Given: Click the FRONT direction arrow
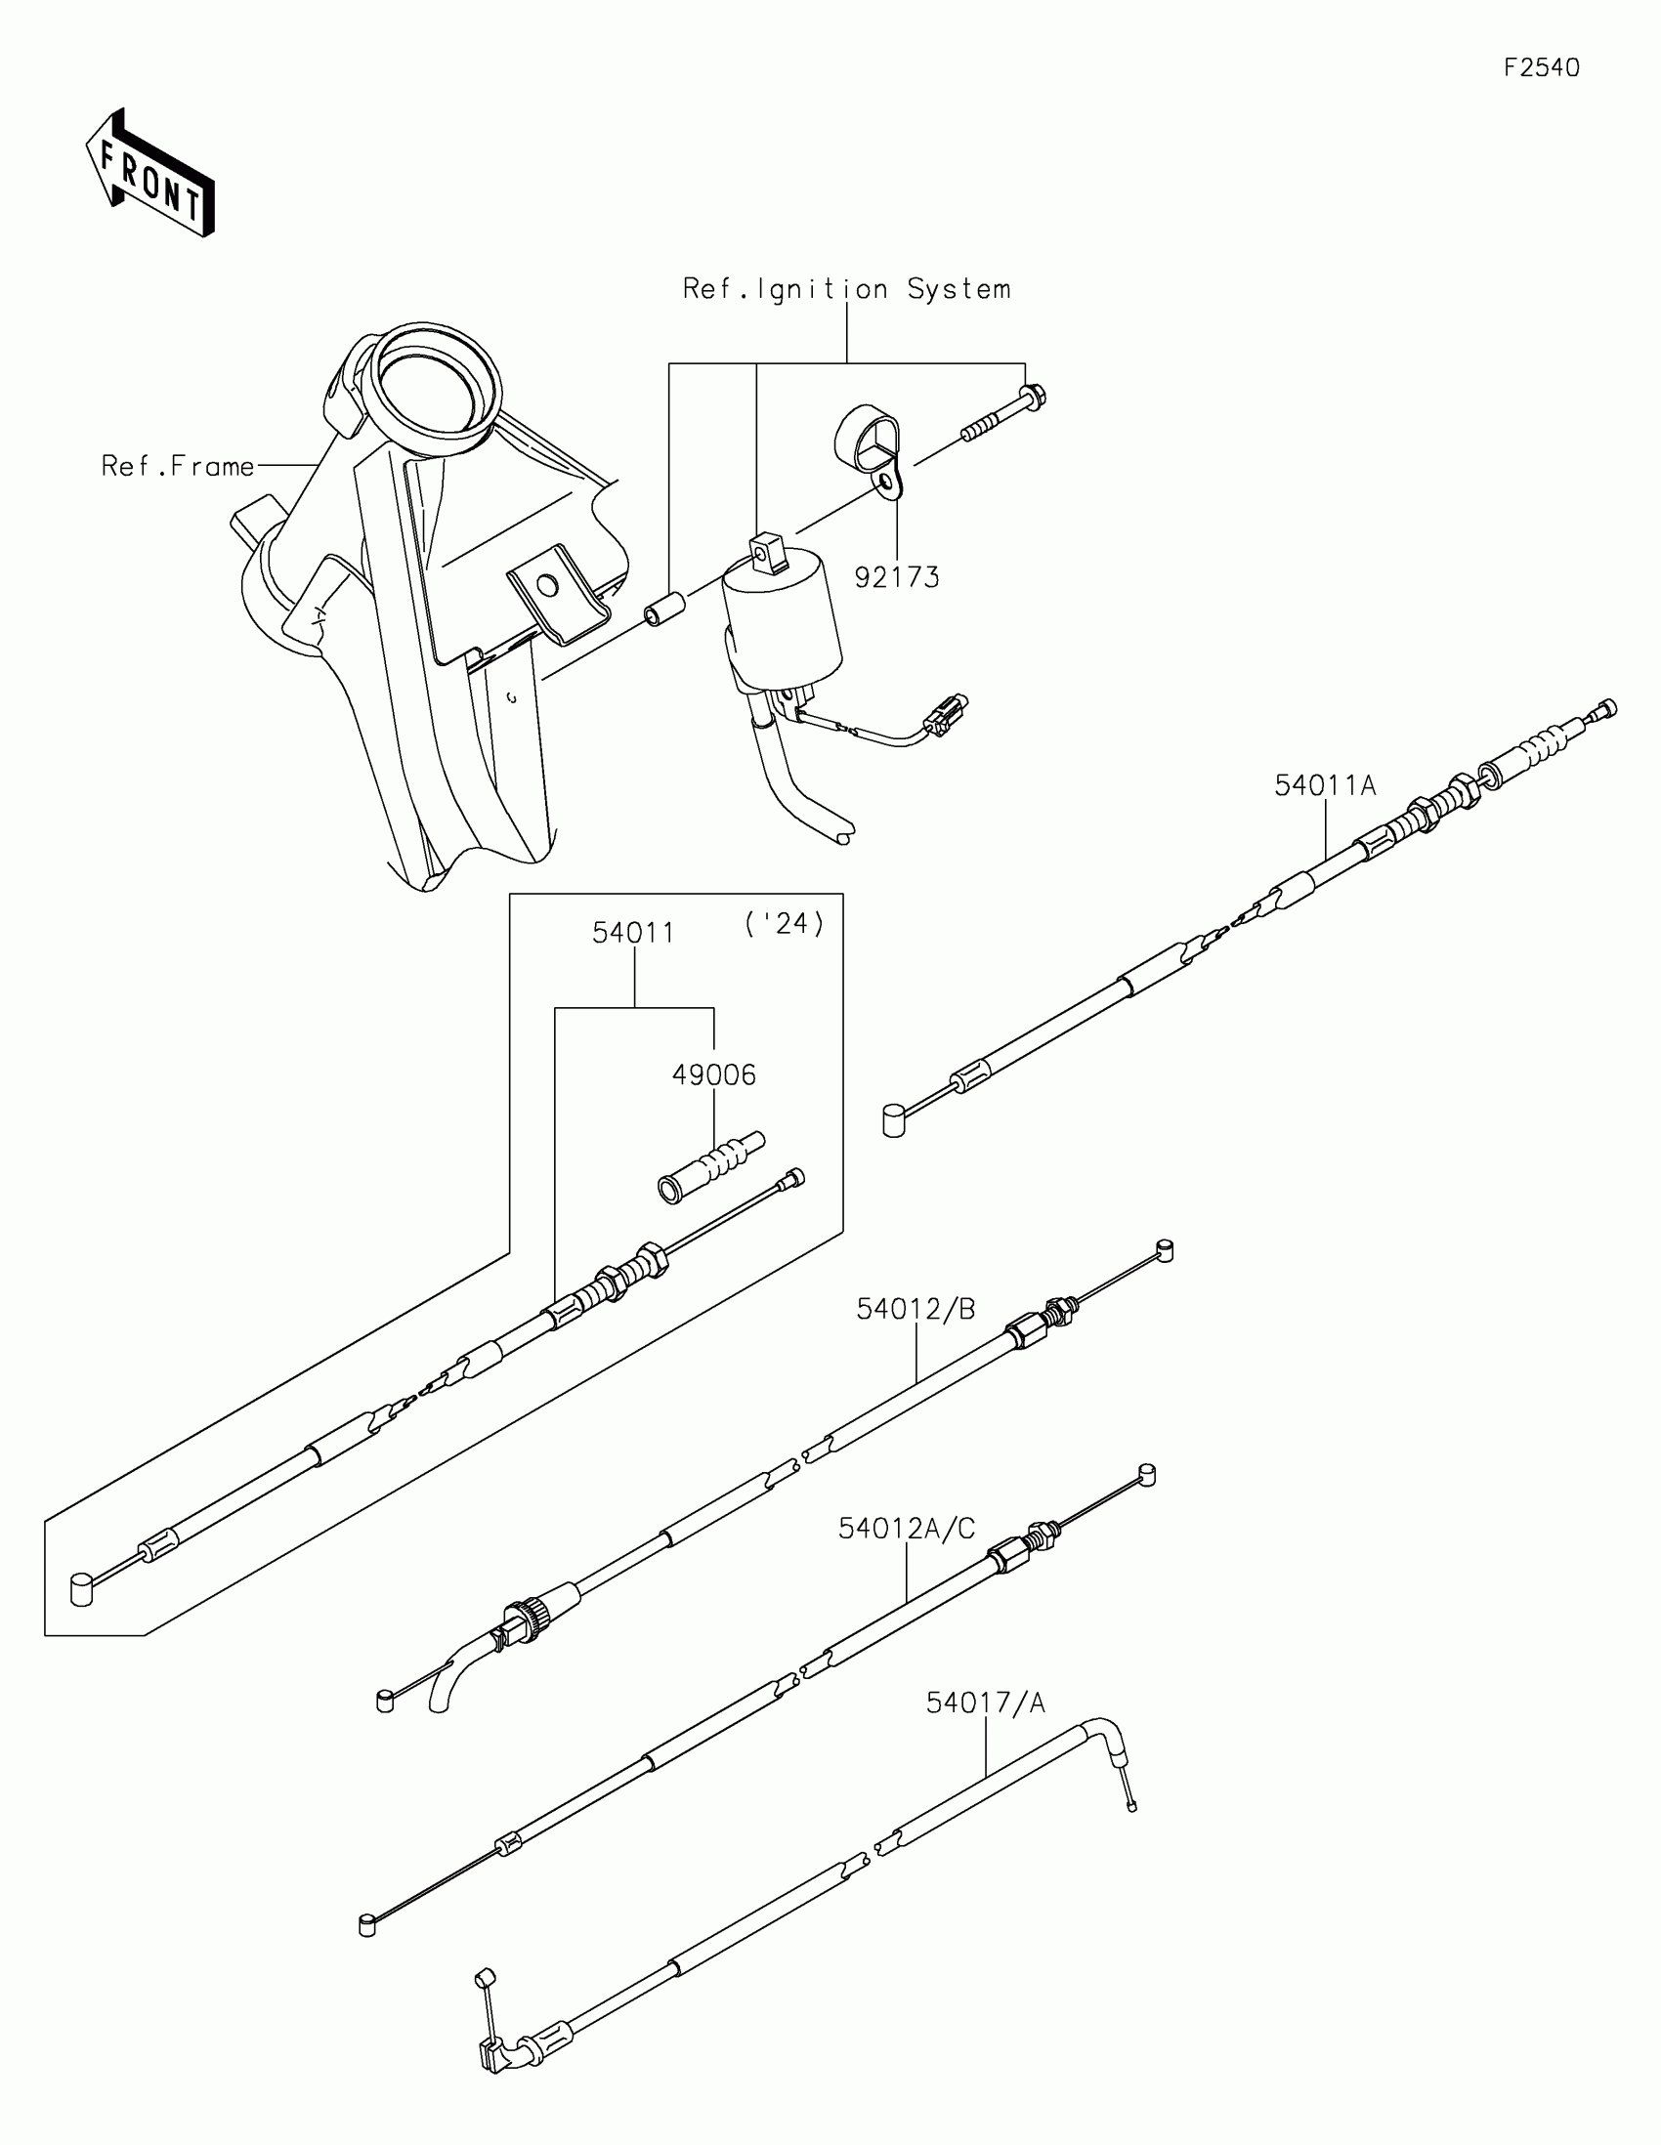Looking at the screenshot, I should coord(149,174).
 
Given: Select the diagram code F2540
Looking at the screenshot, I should coord(1541,67).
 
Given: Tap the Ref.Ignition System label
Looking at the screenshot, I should coord(847,289).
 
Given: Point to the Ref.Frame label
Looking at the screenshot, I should coord(178,466).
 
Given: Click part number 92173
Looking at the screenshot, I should coord(897,577).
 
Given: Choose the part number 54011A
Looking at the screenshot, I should coord(1325,785).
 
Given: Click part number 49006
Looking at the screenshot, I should coord(714,1075).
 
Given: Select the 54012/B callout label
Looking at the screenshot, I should coord(916,1309).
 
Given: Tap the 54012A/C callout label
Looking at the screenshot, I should coord(906,1530).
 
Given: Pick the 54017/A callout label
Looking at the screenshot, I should coord(985,1703).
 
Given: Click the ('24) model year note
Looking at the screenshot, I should coord(784,924).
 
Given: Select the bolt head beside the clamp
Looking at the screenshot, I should coord(1033,398).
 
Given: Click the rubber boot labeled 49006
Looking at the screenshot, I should coord(709,1165).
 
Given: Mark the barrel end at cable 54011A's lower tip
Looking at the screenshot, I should coord(893,1119).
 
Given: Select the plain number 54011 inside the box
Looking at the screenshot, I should coord(633,933).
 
